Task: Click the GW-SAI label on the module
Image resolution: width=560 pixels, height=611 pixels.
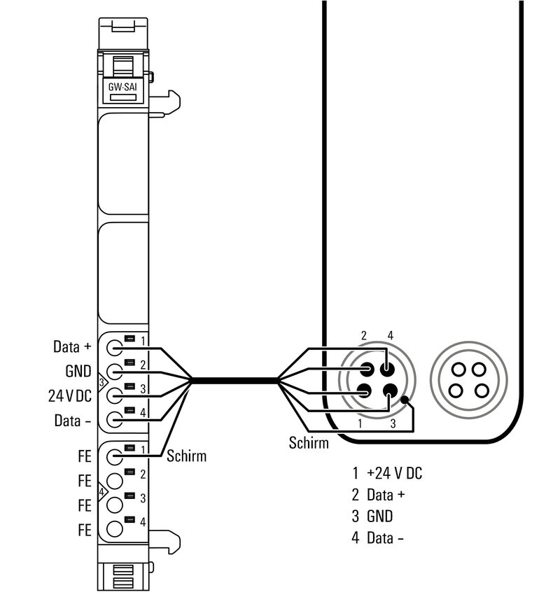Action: click(122, 87)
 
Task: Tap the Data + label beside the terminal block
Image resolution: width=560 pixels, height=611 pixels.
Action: click(72, 346)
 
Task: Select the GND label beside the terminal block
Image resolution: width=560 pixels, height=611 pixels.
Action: click(78, 371)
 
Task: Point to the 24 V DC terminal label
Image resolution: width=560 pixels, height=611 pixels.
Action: click(70, 395)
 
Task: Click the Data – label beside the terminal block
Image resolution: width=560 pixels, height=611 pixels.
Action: click(73, 421)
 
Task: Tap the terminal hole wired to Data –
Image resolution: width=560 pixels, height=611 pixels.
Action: click(115, 420)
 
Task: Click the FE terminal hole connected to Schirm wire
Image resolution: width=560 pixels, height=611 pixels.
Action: click(115, 456)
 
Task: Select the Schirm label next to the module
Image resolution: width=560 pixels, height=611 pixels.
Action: click(187, 456)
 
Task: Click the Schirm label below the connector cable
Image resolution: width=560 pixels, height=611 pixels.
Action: click(309, 442)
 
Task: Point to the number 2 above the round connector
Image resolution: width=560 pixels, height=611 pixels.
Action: click(363, 335)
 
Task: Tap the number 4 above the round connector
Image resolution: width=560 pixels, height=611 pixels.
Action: click(390, 335)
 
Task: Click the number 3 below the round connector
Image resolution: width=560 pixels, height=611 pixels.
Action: click(393, 423)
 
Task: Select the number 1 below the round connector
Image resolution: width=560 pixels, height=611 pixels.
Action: click(360, 423)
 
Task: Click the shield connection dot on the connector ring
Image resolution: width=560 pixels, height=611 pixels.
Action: click(405, 400)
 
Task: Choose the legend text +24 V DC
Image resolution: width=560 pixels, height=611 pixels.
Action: click(394, 472)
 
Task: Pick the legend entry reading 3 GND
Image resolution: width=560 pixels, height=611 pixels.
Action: click(372, 516)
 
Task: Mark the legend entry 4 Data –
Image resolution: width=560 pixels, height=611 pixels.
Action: click(377, 538)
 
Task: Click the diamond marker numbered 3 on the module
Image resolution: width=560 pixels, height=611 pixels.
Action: click(101, 383)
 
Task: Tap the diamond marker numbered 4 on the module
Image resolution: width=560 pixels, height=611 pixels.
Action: click(101, 492)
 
